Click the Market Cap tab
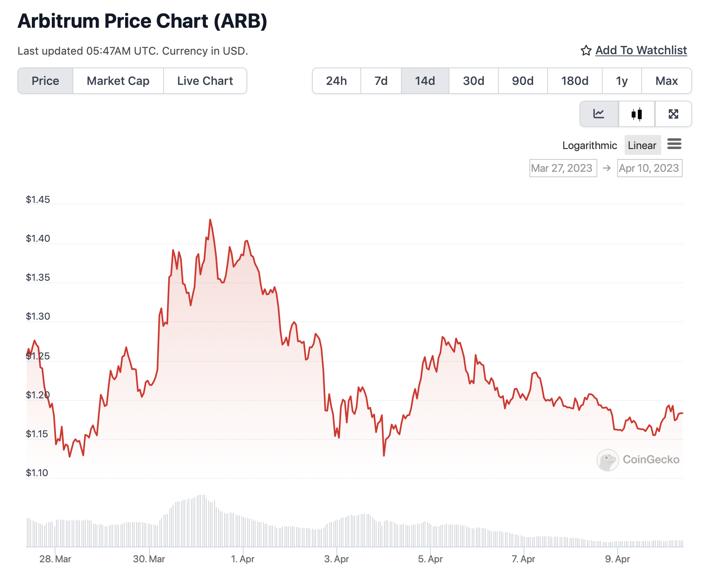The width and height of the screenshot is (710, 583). pyautogui.click(x=118, y=81)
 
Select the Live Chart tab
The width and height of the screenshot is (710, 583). pyautogui.click(x=205, y=81)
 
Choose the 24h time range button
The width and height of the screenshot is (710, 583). pyautogui.click(x=336, y=81)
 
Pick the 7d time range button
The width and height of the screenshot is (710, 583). pyautogui.click(x=381, y=81)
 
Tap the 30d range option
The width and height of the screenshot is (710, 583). pyautogui.click(x=473, y=81)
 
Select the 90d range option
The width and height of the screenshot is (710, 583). pyautogui.click(x=523, y=81)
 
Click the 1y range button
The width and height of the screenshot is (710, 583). pyautogui.click(x=621, y=81)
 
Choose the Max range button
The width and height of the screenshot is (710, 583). pyautogui.click(x=667, y=81)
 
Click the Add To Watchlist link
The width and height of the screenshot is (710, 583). pyautogui.click(x=641, y=51)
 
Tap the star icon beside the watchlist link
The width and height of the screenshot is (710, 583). pyautogui.click(x=586, y=51)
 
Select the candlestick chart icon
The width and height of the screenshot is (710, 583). pyautogui.click(x=637, y=114)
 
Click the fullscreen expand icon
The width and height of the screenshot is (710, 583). pyautogui.click(x=673, y=114)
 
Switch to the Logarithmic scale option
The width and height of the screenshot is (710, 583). pyautogui.click(x=589, y=145)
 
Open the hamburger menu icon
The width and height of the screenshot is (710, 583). pyautogui.click(x=674, y=144)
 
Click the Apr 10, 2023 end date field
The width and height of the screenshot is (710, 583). pyautogui.click(x=650, y=168)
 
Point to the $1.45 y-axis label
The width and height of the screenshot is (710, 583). pyautogui.click(x=38, y=200)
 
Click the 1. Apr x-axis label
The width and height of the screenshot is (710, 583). pyautogui.click(x=242, y=559)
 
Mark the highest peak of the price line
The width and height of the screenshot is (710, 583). pyautogui.click(x=210, y=220)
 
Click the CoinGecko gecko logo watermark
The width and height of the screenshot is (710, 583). pyautogui.click(x=608, y=460)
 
